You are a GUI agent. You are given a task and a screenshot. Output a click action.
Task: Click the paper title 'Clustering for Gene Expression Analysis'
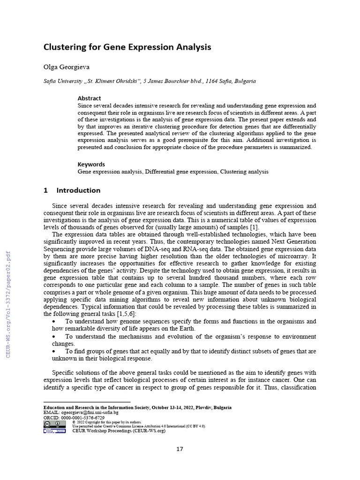127,47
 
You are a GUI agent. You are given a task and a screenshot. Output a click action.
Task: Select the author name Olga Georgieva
67,67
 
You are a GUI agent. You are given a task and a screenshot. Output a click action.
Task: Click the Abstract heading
89,98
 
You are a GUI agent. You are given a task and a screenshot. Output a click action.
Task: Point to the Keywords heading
91,164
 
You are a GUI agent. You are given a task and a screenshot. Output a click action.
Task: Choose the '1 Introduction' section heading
72,190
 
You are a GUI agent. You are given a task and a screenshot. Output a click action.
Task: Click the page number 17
180,449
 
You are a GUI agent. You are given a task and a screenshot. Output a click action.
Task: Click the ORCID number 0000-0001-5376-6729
80,418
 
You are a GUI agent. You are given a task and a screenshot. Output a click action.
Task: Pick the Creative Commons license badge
54,424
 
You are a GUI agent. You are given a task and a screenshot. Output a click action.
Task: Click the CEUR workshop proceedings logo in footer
54,431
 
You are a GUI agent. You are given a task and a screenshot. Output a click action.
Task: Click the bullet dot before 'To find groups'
55,351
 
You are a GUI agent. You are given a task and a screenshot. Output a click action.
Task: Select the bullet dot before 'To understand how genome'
55,322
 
